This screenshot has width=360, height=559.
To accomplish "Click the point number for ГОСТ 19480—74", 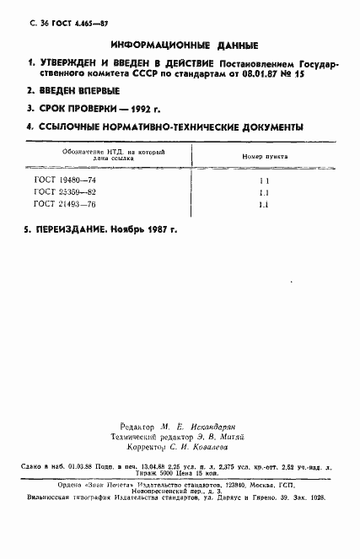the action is click(x=263, y=180).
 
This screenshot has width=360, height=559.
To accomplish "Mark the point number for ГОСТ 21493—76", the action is click(x=263, y=205).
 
